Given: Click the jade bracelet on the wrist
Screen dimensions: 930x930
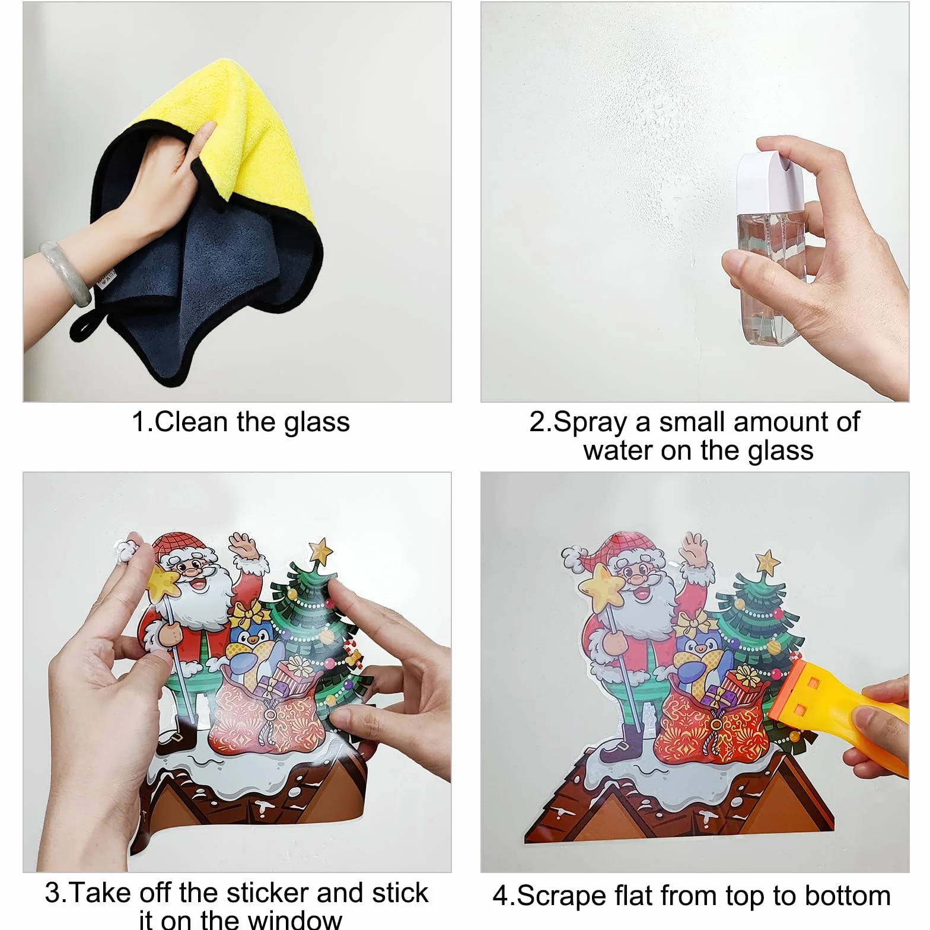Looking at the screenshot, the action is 65,270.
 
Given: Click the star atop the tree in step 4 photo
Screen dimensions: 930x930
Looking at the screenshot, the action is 767,561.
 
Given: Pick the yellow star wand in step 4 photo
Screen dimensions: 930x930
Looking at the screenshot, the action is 602,584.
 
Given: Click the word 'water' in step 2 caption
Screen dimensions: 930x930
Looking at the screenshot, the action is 617,451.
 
